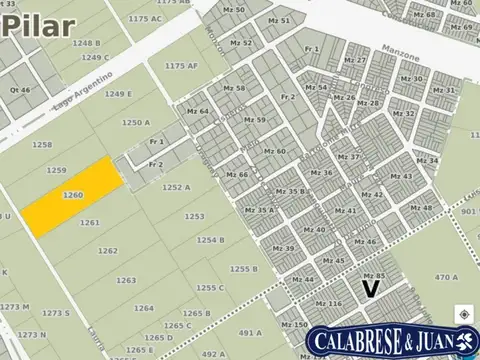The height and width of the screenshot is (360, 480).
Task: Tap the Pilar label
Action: (37, 26)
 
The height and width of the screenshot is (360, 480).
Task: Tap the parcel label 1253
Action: (194, 216)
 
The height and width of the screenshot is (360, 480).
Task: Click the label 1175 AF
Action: (182, 66)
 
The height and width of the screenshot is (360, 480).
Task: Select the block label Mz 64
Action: (197, 112)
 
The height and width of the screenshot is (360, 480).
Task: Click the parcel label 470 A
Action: (447, 278)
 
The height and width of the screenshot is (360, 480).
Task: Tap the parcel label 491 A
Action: (250, 332)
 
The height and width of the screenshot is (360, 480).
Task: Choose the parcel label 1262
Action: (108, 251)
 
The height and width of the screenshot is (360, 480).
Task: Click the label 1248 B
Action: (85, 43)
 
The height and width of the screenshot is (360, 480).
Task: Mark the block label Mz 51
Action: (280, 20)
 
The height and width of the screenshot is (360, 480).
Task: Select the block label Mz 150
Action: (294, 325)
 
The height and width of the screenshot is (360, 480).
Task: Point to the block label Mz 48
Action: (421, 209)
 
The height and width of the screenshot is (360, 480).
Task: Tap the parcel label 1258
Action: (42, 146)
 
